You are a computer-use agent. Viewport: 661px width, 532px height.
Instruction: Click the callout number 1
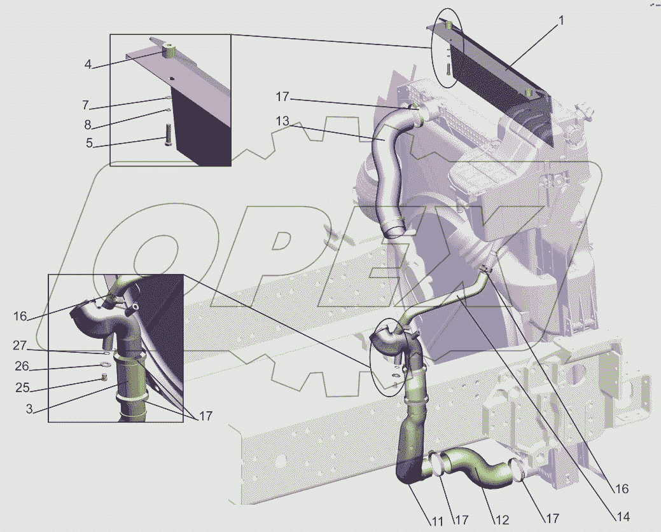pos(560,20)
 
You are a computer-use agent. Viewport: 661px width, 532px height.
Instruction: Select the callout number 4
pos(88,64)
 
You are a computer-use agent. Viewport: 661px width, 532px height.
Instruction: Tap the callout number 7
pos(86,105)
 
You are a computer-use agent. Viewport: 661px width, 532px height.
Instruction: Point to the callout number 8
pos(87,125)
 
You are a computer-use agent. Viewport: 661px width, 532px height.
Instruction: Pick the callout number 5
pos(89,143)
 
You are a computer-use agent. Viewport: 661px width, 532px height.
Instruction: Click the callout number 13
pos(282,121)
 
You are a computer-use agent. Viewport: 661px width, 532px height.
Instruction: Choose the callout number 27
pos(19,345)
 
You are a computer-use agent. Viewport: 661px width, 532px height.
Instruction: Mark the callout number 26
pos(22,366)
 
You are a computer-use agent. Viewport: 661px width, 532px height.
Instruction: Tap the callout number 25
pos(22,387)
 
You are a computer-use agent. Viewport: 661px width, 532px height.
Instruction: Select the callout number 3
pos(29,409)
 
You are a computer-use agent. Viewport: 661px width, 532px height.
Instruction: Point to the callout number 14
pos(623,516)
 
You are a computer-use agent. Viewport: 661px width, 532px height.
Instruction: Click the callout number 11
pos(436,521)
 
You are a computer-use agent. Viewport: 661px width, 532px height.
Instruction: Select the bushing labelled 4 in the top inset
pos(169,53)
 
